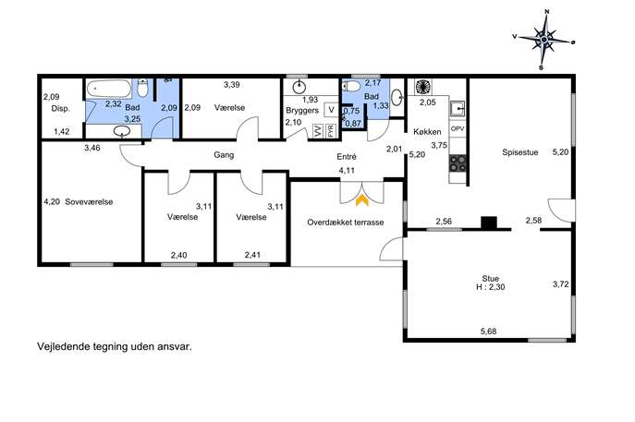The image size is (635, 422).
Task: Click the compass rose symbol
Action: (543, 40)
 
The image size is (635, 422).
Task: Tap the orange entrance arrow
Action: (362, 200)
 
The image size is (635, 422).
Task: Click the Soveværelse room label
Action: (89, 202)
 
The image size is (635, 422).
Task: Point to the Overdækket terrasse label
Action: (346, 223)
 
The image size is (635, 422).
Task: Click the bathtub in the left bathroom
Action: (109, 89)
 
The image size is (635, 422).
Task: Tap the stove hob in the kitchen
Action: (458, 163)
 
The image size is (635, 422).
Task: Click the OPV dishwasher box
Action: (458, 128)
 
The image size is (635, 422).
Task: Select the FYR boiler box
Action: (331, 131)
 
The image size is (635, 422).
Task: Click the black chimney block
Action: (489, 223)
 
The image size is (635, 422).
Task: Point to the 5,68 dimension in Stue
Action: (488, 332)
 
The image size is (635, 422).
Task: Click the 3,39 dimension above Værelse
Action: (232, 85)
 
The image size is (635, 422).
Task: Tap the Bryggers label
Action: (302, 110)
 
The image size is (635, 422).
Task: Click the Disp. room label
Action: (61, 108)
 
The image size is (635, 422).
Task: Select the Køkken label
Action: (427, 132)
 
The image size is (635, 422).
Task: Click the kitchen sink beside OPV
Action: (458, 108)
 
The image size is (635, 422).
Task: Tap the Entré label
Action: (347, 157)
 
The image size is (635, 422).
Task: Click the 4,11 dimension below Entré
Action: (347, 170)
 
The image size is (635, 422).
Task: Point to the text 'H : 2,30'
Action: (491, 287)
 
